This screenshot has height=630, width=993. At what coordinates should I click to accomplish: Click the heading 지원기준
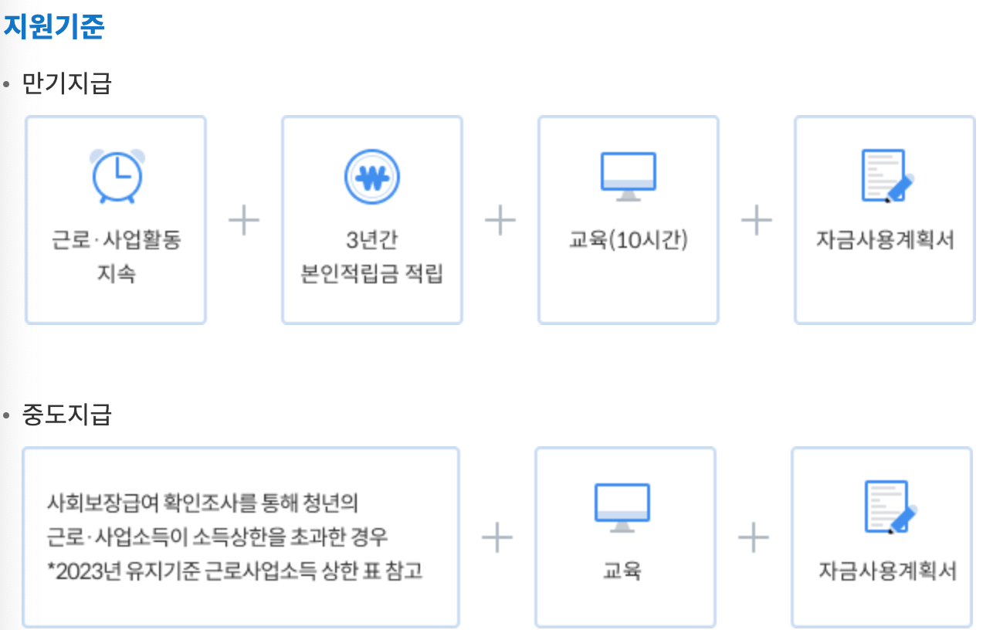[x=54, y=27]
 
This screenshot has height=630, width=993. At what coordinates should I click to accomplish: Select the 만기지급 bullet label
[x=67, y=83]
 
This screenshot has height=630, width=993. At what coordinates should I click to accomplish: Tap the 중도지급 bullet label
[x=67, y=415]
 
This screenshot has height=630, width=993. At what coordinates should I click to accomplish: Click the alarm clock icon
[x=117, y=176]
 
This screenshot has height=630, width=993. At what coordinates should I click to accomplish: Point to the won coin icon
[x=372, y=176]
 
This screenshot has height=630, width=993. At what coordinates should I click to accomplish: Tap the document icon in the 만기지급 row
[x=886, y=176]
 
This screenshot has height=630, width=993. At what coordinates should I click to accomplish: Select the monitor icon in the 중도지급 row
[x=622, y=507]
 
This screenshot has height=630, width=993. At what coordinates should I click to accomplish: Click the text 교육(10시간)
[x=629, y=240]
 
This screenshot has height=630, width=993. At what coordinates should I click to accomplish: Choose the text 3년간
[x=372, y=240]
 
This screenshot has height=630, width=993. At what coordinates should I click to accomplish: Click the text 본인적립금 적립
[x=372, y=274]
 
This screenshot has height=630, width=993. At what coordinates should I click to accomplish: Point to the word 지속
[x=117, y=274]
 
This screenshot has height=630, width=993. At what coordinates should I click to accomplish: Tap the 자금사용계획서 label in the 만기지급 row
[x=885, y=240]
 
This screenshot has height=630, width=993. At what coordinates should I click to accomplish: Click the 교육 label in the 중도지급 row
[x=622, y=571]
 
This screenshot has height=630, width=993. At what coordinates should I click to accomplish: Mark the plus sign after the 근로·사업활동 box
[x=244, y=221]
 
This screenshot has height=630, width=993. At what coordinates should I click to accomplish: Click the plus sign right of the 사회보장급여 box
[x=497, y=537]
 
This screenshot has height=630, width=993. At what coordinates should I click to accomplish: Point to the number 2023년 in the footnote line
[x=88, y=571]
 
